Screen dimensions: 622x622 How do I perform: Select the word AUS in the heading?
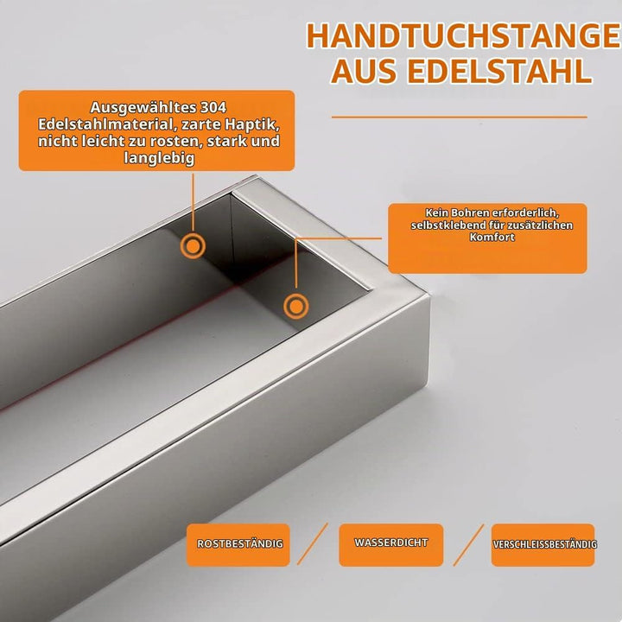coord(365,72)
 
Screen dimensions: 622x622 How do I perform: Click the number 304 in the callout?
coord(213,107)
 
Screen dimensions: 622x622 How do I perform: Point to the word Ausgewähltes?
coord(143,108)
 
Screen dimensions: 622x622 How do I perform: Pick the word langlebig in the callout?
coord(159,158)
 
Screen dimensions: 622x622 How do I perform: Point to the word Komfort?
coord(492,238)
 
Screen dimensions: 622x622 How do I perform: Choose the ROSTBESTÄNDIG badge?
coord(238,544)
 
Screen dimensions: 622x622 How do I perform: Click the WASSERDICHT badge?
coord(391,544)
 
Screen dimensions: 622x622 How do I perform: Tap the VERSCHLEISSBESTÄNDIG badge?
coord(543,544)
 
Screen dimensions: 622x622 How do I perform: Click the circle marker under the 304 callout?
coord(193,246)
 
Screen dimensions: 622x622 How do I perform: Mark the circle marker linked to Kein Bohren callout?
coord(296,306)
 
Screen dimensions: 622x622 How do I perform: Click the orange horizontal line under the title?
coord(460,117)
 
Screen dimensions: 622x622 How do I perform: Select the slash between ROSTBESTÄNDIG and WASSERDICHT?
coord(313,544)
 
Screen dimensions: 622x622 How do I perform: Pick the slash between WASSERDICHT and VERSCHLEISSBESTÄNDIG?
coord(469,544)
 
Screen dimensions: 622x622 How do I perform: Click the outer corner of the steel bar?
coord(429,294)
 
